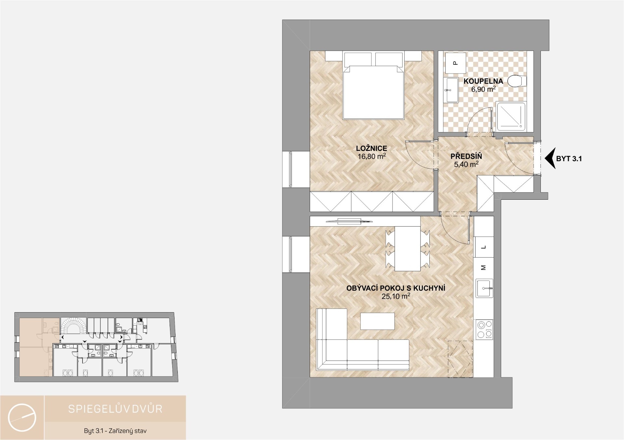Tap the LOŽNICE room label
click(x=371, y=148)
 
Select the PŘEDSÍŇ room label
click(x=466, y=156)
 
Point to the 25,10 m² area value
click(x=396, y=296)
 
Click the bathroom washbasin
click(x=452, y=90)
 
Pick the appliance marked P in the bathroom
click(x=455, y=63)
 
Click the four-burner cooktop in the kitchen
click(x=484, y=330)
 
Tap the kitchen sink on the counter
click(x=484, y=288)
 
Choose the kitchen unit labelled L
click(x=484, y=247)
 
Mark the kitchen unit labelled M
click(x=484, y=268)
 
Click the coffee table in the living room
click(x=377, y=321)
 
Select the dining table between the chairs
click(x=408, y=249)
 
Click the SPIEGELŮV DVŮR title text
click(x=115, y=408)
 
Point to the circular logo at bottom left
click(x=22, y=418)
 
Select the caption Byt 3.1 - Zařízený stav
click(x=115, y=431)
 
